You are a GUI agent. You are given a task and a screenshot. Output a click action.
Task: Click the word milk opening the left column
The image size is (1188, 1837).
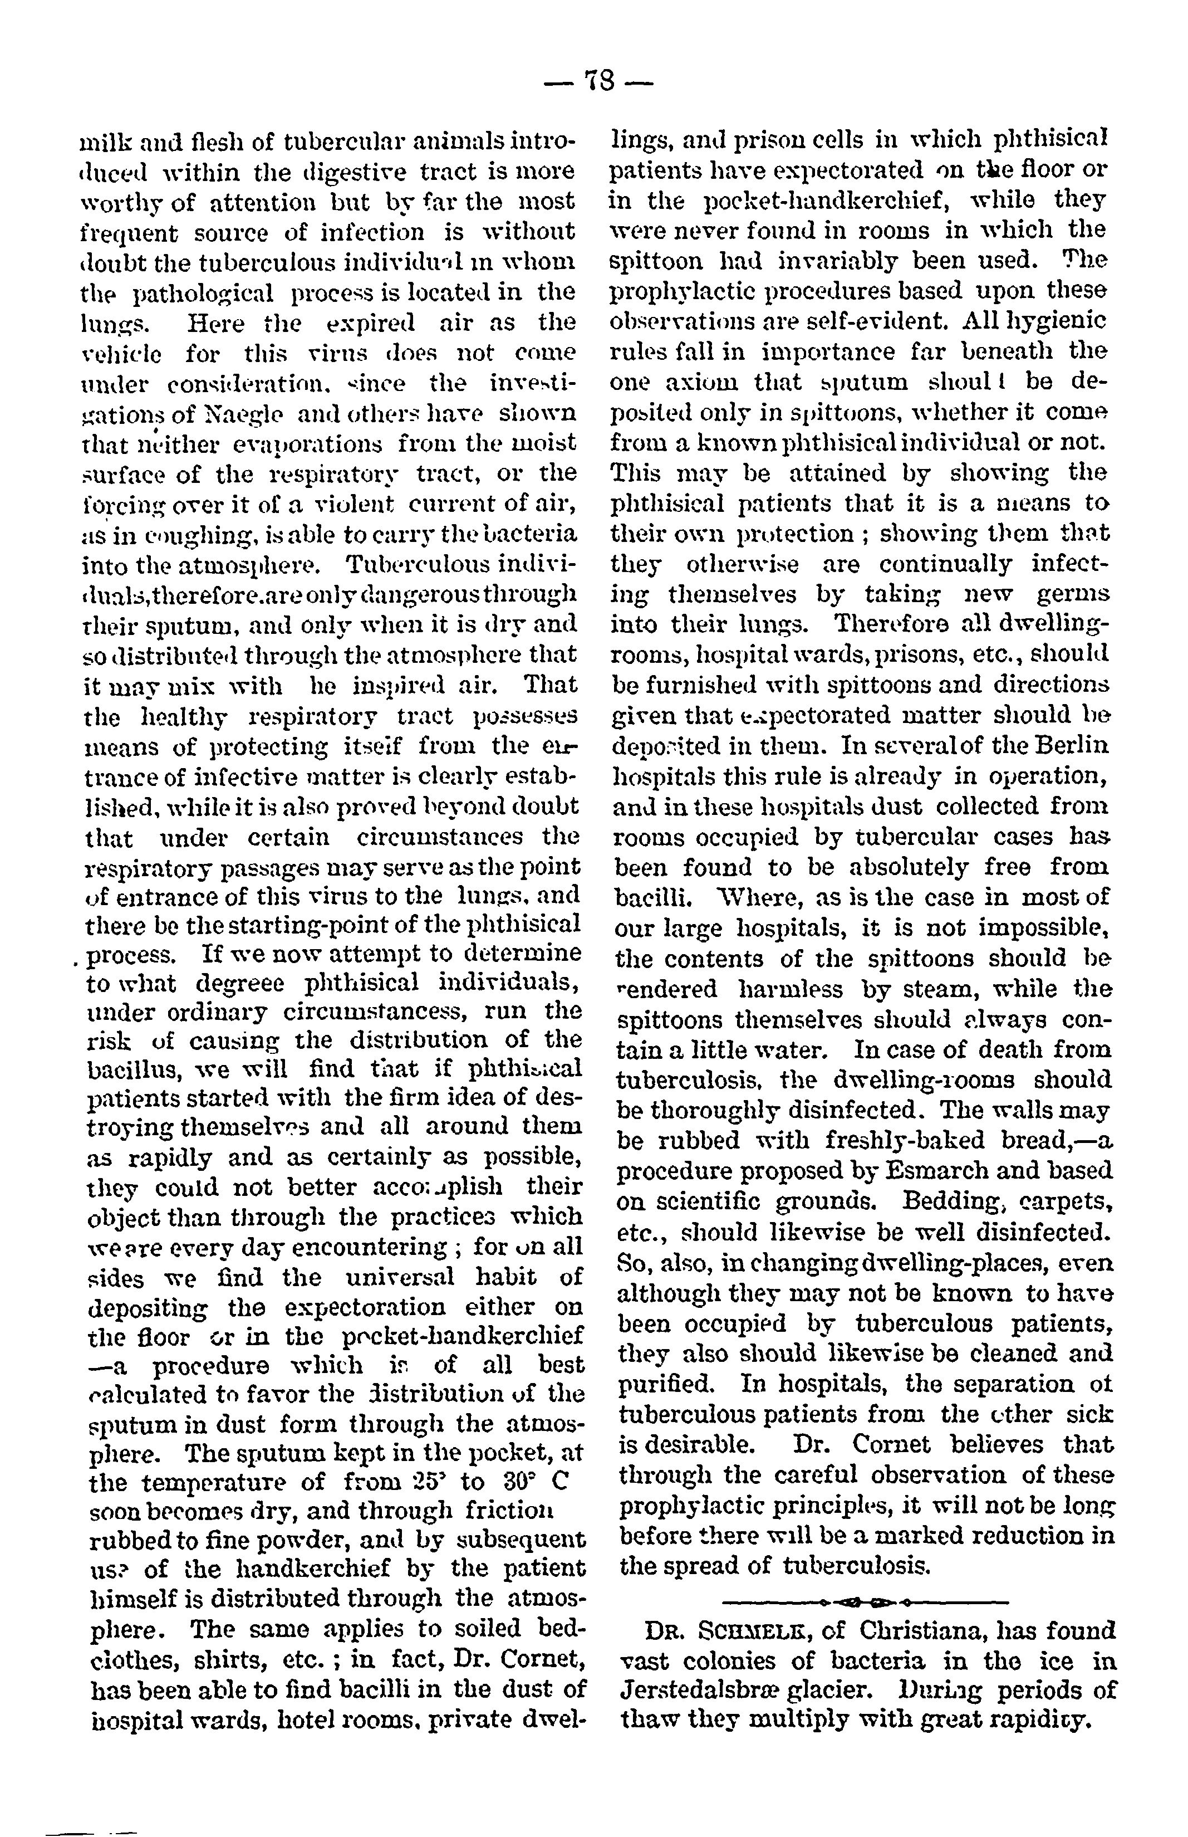pyautogui.click(x=101, y=142)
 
